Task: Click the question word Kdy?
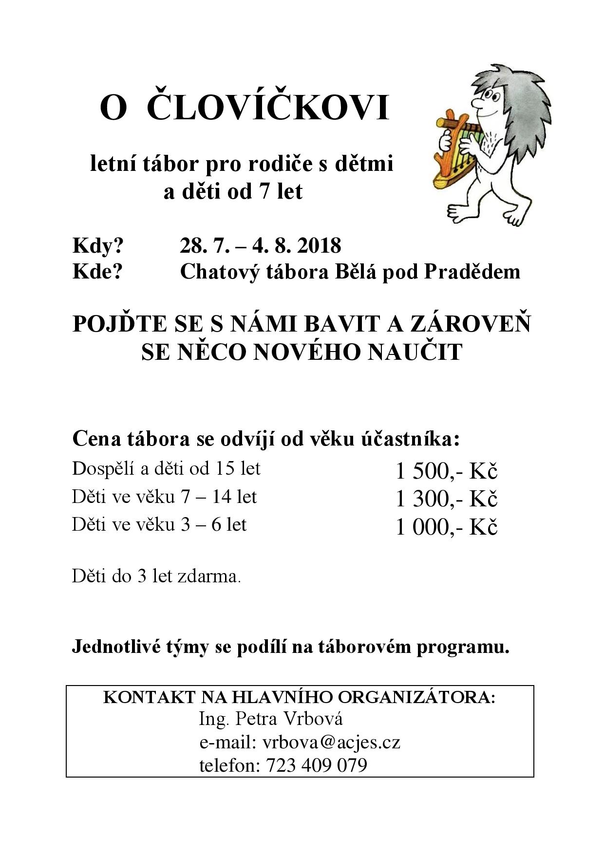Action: (98, 246)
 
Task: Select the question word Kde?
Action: (97, 272)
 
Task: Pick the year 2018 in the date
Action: (318, 245)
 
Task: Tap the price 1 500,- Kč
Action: (446, 471)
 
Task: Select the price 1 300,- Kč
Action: (446, 499)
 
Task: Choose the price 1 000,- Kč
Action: (446, 527)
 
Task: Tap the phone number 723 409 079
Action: (316, 765)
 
